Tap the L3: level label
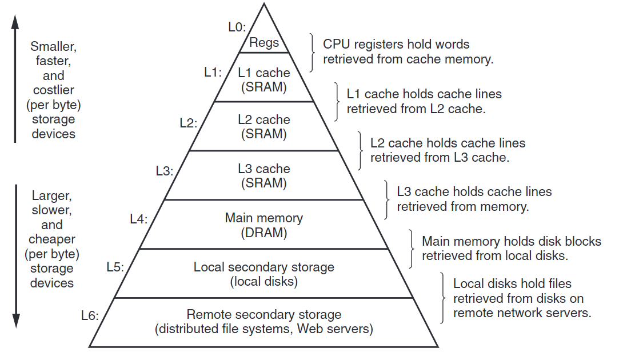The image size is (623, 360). click(165, 170)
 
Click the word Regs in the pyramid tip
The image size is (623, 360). click(264, 42)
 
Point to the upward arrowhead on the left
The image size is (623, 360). click(16, 22)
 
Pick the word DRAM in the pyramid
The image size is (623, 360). click(264, 233)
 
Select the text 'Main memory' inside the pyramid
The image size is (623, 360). click(264, 218)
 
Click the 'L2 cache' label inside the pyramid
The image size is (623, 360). click(264, 120)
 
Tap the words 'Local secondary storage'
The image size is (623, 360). click(264, 267)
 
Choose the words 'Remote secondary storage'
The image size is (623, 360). click(264, 315)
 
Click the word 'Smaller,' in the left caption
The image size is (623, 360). click(52, 46)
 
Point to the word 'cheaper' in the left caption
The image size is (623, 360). click(52, 239)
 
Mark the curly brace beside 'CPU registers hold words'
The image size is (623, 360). click(312, 52)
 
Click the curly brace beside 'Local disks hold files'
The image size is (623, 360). click(443, 298)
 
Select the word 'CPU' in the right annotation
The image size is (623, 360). click(335, 44)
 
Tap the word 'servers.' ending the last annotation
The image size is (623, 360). click(570, 313)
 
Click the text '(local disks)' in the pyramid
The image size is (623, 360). click(264, 281)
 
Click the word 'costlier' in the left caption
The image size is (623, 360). click(52, 90)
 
